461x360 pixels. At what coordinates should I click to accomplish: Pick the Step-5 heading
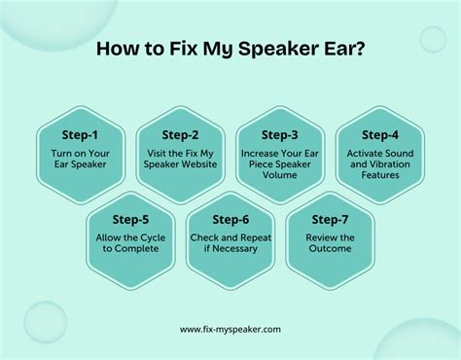click(x=131, y=219)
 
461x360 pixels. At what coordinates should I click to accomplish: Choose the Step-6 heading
click(x=230, y=219)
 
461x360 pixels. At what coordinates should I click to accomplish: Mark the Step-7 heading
click(x=330, y=219)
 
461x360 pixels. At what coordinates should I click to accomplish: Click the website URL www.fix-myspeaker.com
click(x=230, y=329)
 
